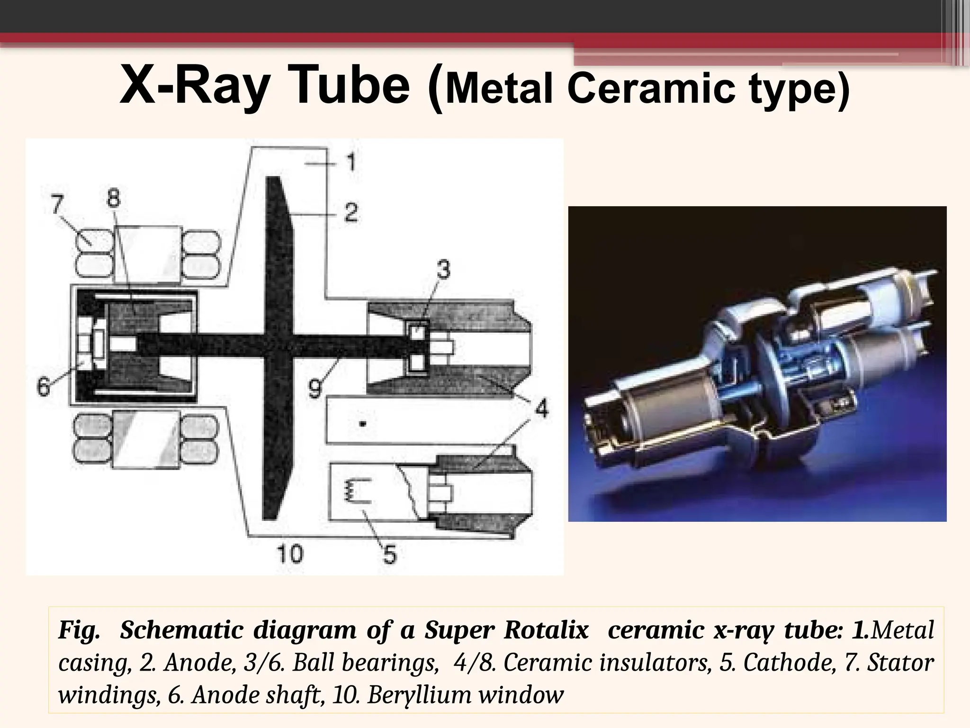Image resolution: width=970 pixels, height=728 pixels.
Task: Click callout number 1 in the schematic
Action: tap(350, 163)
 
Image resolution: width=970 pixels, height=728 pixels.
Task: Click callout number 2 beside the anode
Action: tap(350, 213)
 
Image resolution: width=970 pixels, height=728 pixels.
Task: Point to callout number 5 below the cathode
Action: tap(389, 554)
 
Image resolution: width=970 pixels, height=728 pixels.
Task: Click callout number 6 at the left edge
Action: tap(43, 386)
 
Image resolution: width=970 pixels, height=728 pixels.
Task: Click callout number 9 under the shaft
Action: tap(315, 389)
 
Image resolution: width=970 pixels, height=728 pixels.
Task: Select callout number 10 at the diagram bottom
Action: tap(289, 554)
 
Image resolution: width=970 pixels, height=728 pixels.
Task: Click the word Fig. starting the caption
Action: tap(78, 630)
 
